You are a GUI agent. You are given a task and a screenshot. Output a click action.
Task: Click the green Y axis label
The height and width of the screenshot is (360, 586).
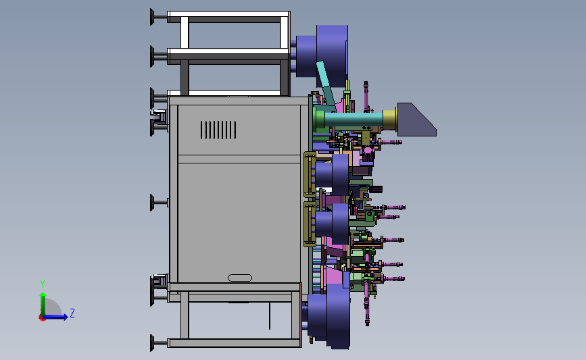(x=43, y=284)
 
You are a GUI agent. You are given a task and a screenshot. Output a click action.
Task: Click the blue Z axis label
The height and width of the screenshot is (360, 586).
(x=72, y=313)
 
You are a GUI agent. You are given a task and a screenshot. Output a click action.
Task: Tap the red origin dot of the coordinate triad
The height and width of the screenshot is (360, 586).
(x=42, y=318)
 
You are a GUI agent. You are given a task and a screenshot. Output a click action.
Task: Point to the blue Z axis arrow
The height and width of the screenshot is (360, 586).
(x=56, y=317)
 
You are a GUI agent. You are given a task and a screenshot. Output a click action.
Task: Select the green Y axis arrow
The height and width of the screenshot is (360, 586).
(x=43, y=304)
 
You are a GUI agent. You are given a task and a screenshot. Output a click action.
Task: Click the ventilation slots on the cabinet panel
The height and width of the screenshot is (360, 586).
(x=218, y=130)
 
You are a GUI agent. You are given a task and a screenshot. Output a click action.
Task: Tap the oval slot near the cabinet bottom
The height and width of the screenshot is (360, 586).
(x=240, y=278)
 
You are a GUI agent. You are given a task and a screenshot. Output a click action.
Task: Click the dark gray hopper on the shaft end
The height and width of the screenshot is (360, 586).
(x=416, y=119)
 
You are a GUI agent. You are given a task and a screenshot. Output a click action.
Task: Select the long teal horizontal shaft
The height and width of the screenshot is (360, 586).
(x=353, y=120)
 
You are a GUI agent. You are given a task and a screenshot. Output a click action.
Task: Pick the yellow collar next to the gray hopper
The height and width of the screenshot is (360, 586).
(x=389, y=119)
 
